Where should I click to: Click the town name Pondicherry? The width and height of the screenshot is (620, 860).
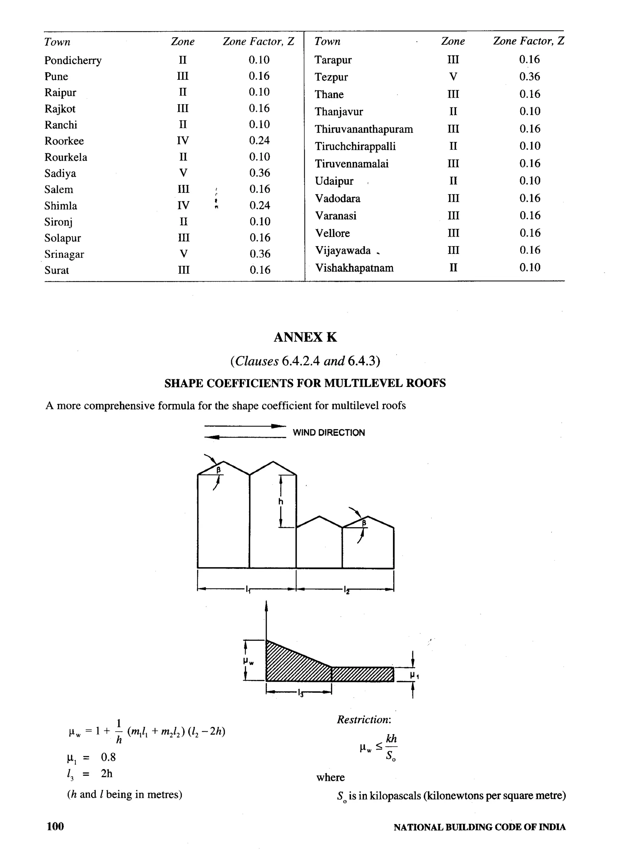(x=73, y=61)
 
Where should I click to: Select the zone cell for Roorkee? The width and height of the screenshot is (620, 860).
(x=183, y=141)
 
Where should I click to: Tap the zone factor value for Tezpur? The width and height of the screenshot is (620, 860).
(x=529, y=77)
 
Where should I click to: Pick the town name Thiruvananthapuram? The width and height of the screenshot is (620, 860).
(x=364, y=129)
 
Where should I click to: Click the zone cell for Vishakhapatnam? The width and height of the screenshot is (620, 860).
(x=453, y=268)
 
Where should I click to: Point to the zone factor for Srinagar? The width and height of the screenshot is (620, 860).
(x=260, y=254)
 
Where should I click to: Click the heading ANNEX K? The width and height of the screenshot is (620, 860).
(x=305, y=337)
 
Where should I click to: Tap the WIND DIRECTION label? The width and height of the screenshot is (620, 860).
(x=328, y=433)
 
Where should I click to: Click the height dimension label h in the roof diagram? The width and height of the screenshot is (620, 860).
(x=281, y=502)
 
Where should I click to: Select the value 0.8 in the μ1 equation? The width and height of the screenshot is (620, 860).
(x=108, y=757)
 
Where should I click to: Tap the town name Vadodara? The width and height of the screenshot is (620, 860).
(x=338, y=199)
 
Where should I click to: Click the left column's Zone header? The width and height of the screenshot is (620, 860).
(x=183, y=42)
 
